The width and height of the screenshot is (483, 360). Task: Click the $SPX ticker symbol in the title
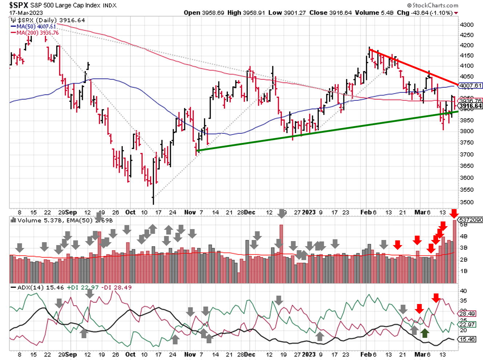(19, 5)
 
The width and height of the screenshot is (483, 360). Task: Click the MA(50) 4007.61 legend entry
(36, 27)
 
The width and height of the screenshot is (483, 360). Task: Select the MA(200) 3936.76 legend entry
(37, 33)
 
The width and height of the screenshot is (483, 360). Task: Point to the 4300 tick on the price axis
(467, 25)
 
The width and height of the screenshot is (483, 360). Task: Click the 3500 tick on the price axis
(467, 202)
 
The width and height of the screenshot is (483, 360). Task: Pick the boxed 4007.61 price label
(470, 86)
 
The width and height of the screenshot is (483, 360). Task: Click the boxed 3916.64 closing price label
(470, 106)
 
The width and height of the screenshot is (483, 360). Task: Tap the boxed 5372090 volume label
(471, 220)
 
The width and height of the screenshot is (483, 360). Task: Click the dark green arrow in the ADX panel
(424, 333)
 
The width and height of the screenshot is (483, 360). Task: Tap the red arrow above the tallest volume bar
(454, 213)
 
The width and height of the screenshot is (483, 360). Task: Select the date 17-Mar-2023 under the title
(26, 13)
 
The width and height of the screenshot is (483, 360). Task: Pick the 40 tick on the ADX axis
(463, 291)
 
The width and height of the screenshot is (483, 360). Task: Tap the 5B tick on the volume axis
(463, 225)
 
